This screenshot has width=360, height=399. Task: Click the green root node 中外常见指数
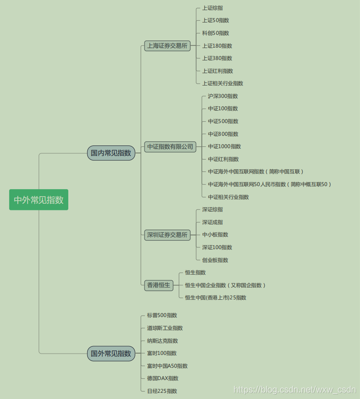pos(39,200)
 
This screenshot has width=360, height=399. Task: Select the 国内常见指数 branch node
pos(111,153)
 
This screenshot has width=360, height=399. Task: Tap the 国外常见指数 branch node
pos(111,353)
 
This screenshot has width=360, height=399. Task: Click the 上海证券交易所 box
pos(167,46)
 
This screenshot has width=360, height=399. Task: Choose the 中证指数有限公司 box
pos(171,146)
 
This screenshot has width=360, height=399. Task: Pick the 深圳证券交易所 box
pos(167,235)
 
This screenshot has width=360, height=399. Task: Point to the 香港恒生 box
pos(159,285)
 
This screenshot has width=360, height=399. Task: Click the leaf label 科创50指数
pos(215,33)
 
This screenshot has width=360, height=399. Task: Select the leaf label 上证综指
pos(212,8)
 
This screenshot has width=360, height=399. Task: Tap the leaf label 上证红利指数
pos(218,71)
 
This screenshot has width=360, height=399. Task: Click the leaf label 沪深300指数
pos(223,96)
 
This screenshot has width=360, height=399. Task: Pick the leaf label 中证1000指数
pos(225,146)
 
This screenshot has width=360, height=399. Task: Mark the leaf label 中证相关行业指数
pos(228,197)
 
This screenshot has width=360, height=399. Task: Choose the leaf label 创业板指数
pos(215,260)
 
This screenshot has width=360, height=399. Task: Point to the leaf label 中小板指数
pos(215,235)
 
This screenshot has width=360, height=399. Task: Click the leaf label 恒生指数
pos(195,272)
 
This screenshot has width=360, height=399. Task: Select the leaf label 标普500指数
pos(162,315)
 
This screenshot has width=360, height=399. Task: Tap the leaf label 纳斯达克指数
pos(163,341)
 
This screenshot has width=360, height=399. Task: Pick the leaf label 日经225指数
pos(162,391)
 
